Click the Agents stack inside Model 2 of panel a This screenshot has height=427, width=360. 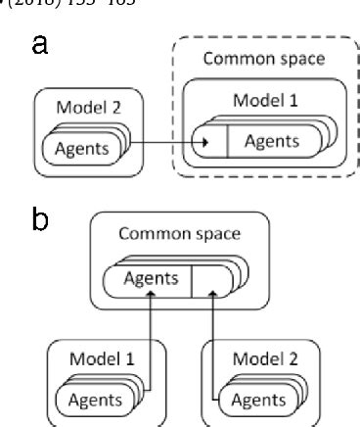[x=83, y=148]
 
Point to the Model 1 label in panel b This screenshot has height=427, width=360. [x=100, y=357]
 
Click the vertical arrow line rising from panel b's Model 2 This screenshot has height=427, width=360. [x=212, y=343]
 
